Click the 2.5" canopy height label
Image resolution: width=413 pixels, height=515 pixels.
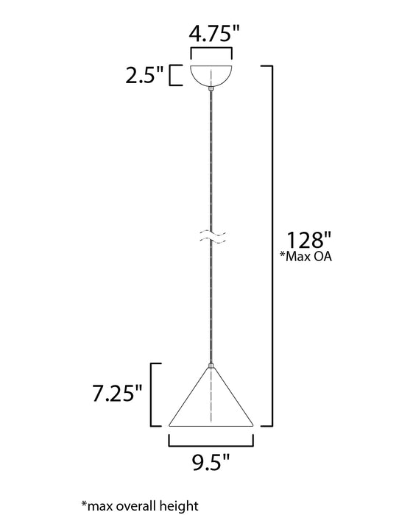(144, 76)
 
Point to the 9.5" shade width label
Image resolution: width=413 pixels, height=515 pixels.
(211, 463)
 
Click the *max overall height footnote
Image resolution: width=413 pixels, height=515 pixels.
(140, 505)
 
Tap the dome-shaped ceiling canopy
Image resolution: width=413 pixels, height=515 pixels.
(211, 75)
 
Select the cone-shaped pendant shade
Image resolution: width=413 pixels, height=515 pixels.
(211, 401)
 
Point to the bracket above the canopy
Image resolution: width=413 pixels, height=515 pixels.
(211, 53)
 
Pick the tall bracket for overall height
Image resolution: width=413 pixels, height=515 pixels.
(271, 246)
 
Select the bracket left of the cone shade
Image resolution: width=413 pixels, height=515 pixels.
(155, 394)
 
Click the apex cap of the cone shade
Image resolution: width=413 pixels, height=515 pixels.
(211, 365)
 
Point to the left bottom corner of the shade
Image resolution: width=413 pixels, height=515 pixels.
(171, 425)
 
